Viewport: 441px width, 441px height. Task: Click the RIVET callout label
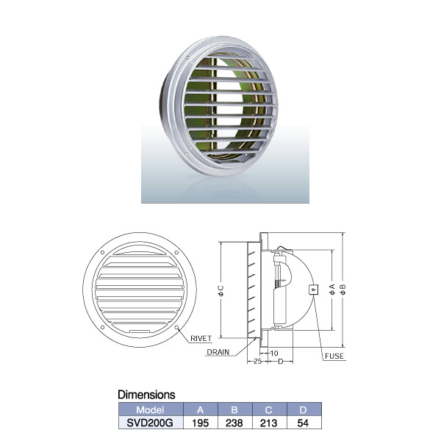tap(201, 338)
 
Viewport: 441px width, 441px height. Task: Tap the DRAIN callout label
tap(218, 352)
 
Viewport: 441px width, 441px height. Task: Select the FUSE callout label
tap(334, 356)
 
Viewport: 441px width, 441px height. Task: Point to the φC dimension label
tap(220, 291)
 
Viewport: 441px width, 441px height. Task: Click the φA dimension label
tap(332, 289)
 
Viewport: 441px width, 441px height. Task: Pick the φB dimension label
tap(343, 289)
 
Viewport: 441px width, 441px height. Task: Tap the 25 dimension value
tap(258, 362)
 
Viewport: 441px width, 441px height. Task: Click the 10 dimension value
tap(274, 353)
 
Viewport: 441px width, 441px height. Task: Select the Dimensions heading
tap(146, 395)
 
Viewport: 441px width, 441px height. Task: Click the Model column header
tap(150, 410)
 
